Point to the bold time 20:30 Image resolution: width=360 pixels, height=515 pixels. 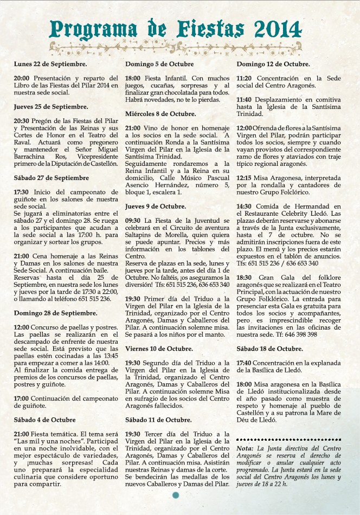[22, 120]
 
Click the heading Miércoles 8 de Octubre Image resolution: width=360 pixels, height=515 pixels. [160, 114]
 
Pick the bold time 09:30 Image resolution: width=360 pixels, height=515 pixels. [133, 221]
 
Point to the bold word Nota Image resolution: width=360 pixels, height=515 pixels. [245, 448]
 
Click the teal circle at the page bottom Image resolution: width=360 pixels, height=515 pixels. [175, 495]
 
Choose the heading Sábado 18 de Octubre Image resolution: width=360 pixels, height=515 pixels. [269, 349]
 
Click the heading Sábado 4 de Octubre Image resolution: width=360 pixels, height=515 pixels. [44, 420]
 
